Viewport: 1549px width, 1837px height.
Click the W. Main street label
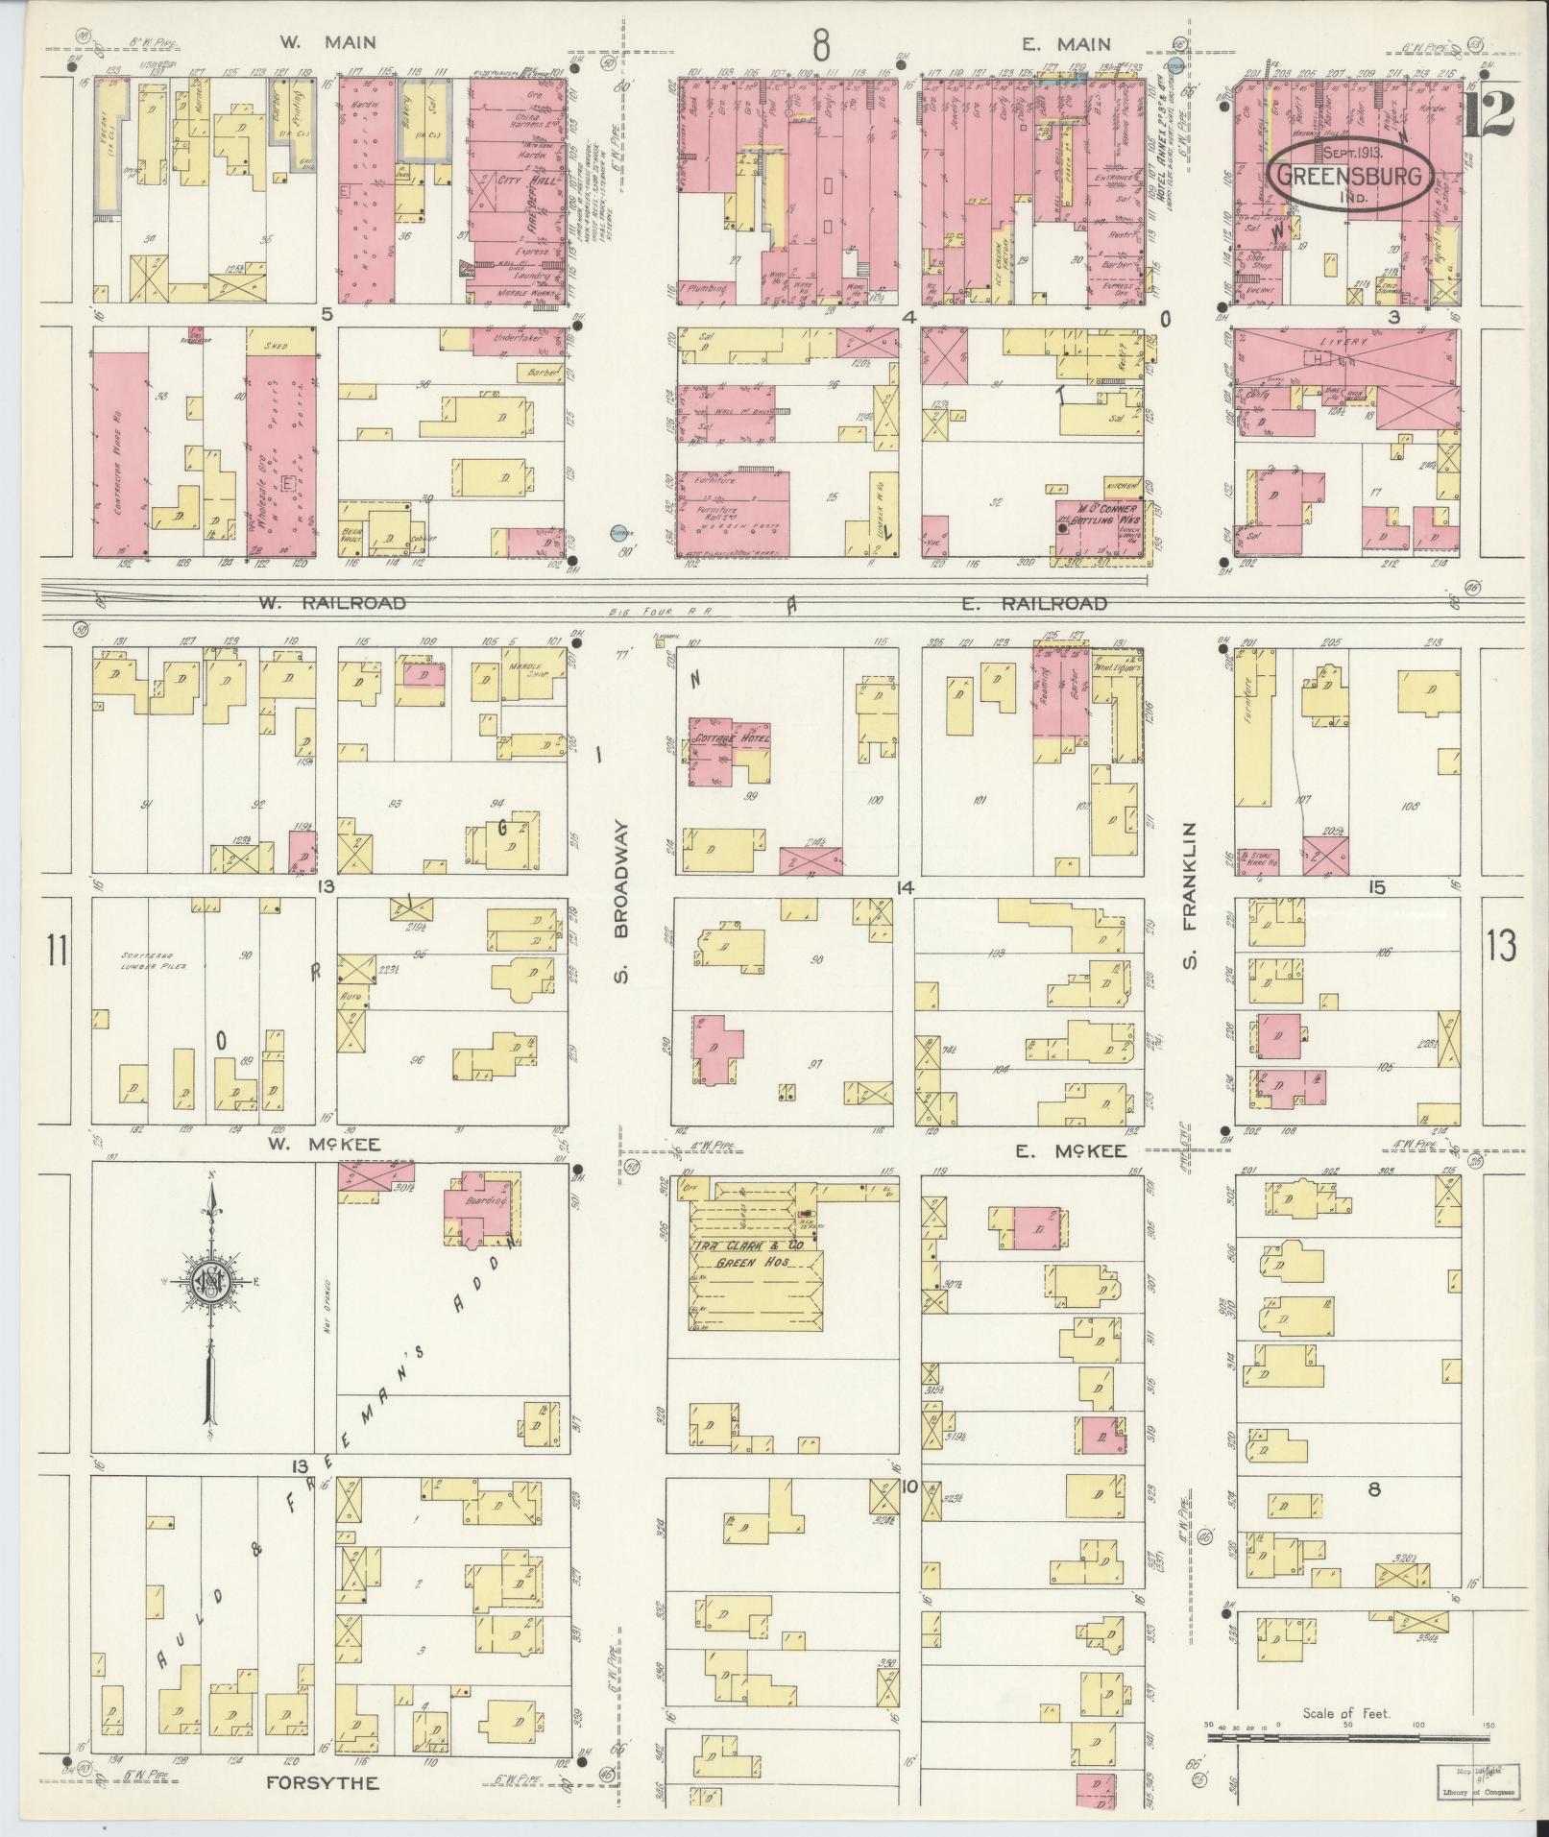tap(327, 42)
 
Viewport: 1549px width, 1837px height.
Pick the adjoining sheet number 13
tap(1501, 946)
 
